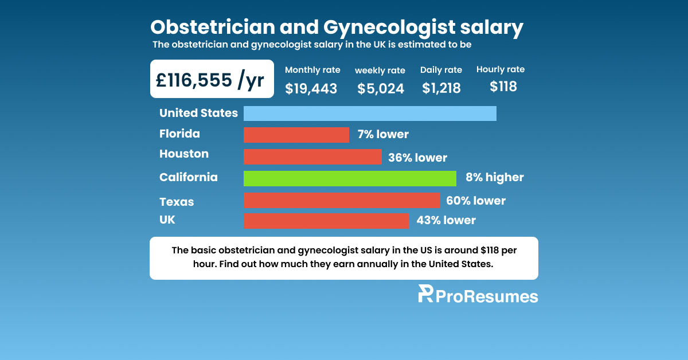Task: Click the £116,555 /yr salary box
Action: (x=212, y=79)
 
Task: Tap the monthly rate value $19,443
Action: (x=311, y=88)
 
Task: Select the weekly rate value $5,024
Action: (x=380, y=89)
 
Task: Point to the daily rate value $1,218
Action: (x=441, y=88)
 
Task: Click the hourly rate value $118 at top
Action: (x=503, y=87)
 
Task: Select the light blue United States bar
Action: (x=370, y=114)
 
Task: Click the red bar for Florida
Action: (x=296, y=135)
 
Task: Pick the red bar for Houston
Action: (x=312, y=156)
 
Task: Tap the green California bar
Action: (x=350, y=178)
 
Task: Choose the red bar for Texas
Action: (x=341, y=201)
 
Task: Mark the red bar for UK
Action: (x=326, y=221)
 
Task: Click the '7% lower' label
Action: (x=382, y=135)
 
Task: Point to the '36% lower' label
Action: (x=417, y=157)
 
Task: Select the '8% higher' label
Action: (x=494, y=178)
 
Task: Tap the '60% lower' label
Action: (x=475, y=201)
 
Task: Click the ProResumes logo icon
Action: (x=425, y=294)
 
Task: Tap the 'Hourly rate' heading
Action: (x=500, y=69)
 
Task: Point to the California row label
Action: (x=188, y=177)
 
